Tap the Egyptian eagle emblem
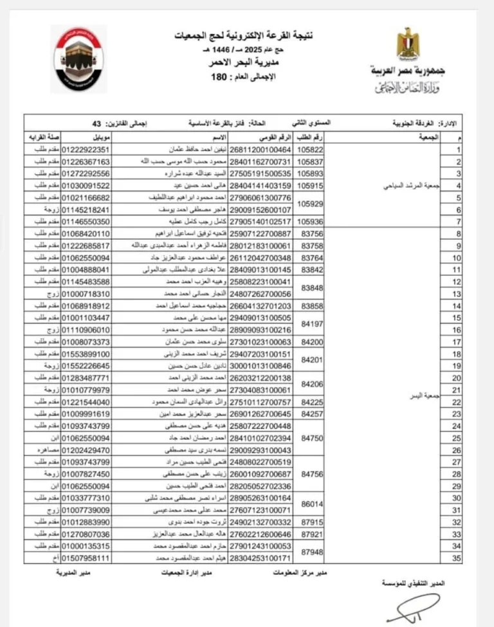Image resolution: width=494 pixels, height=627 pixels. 407,46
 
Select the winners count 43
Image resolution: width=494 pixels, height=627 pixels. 97,122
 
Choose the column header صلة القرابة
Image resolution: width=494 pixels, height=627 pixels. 40,138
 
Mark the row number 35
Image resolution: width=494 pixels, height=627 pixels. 458,558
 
